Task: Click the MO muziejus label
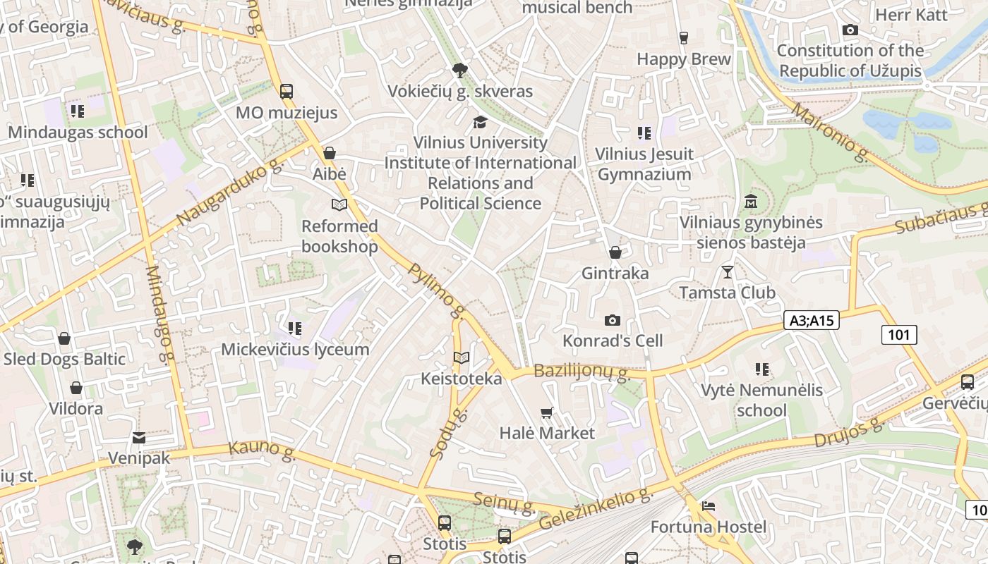click(x=287, y=113)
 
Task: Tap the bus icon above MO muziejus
click(x=287, y=91)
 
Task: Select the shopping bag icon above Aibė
click(x=329, y=153)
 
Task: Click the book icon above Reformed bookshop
click(x=339, y=204)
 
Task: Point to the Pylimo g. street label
click(x=438, y=290)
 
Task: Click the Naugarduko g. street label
click(x=229, y=192)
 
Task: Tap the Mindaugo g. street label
click(x=159, y=314)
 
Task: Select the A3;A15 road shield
click(x=811, y=320)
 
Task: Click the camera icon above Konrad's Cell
click(x=613, y=320)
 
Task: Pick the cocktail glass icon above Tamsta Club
click(x=728, y=271)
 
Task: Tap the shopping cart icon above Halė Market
click(x=547, y=412)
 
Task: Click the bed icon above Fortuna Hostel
click(x=709, y=506)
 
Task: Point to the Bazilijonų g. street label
click(x=582, y=372)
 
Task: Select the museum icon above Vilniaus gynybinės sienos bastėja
click(x=751, y=202)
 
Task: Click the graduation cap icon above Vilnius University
click(x=480, y=122)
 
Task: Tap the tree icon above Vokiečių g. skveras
click(x=460, y=70)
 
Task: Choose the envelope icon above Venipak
click(x=139, y=438)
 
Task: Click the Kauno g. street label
click(x=262, y=451)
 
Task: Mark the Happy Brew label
click(x=684, y=59)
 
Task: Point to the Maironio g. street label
click(x=830, y=133)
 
